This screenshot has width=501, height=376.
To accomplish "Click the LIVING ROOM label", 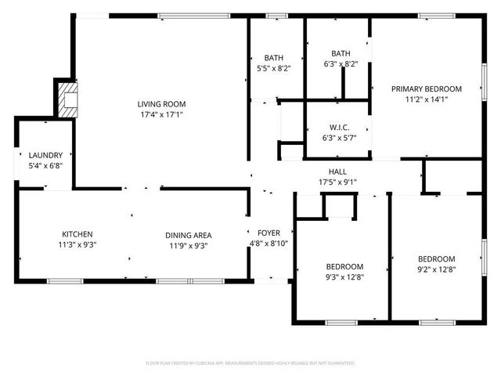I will (161, 104).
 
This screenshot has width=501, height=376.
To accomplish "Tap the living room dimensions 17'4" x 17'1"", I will (161, 115).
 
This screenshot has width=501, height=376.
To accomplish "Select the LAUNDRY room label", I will (45, 155).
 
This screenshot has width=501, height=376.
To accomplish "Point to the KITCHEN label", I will (77, 234).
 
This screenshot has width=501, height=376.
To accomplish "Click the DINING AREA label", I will (188, 234).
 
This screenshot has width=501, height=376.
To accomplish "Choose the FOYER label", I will (269, 233).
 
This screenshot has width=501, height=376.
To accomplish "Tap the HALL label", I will (337, 172).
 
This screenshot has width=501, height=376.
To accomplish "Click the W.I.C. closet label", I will (339, 127).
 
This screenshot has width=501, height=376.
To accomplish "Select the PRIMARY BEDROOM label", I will (427, 89).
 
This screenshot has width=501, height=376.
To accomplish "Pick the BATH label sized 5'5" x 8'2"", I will (273, 58).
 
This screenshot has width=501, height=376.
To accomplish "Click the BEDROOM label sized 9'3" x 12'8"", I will (344, 266).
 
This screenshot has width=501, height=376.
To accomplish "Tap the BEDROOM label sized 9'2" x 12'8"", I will (436, 259).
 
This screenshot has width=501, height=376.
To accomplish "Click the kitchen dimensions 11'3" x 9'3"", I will (77, 245).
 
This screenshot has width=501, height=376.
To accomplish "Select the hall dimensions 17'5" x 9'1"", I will (337, 183).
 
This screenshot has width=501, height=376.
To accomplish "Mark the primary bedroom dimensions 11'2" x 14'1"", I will (427, 99).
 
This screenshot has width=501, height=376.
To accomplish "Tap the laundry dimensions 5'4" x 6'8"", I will (45, 166).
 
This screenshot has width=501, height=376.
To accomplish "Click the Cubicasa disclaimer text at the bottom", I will (250, 363).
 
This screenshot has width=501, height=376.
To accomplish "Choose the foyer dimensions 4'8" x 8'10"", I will (269, 244).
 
